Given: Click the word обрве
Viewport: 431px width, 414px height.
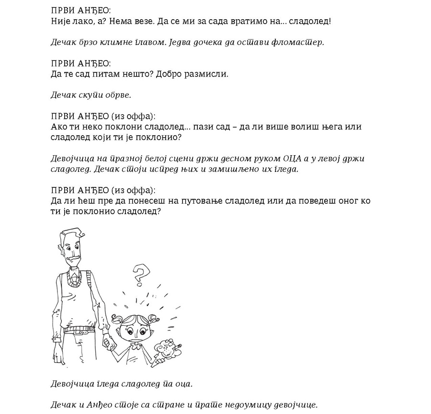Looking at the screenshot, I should pyautogui.click(x=107, y=95).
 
